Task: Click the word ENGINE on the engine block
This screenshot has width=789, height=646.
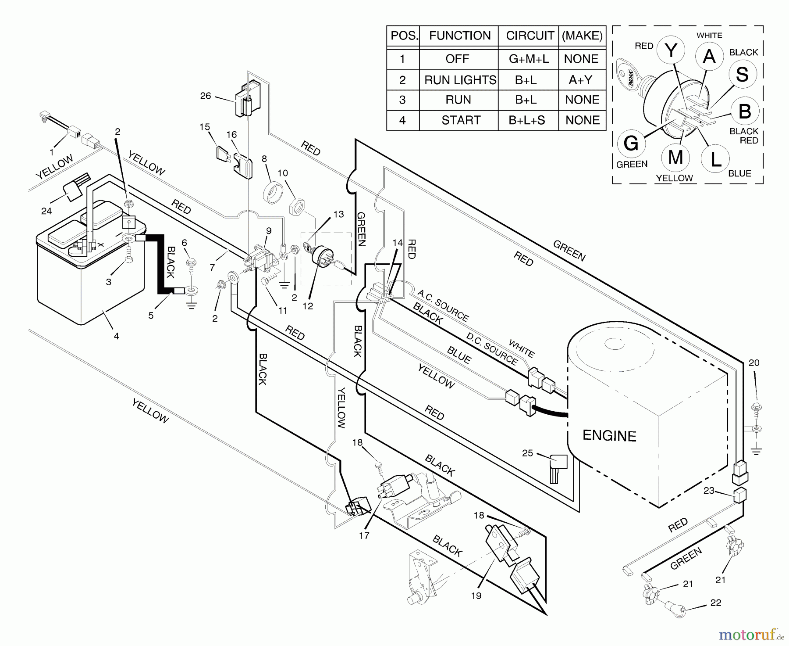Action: (x=609, y=436)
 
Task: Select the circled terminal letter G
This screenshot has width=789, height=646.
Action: (x=630, y=143)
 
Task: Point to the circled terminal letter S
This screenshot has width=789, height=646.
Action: (x=742, y=74)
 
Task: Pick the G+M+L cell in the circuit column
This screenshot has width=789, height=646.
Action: (x=528, y=59)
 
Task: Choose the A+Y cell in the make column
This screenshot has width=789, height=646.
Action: (x=581, y=80)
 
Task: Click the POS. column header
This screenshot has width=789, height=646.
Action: (x=404, y=36)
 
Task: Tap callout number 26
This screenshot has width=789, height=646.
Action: (x=205, y=96)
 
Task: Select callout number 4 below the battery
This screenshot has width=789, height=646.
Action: (x=116, y=336)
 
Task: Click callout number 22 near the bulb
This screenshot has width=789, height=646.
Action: (x=715, y=603)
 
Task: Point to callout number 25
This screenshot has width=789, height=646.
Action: (x=527, y=452)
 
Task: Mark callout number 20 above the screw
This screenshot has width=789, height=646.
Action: (x=753, y=363)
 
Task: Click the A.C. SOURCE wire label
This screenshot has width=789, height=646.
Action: (x=443, y=305)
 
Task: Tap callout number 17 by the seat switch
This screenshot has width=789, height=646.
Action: (x=364, y=535)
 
